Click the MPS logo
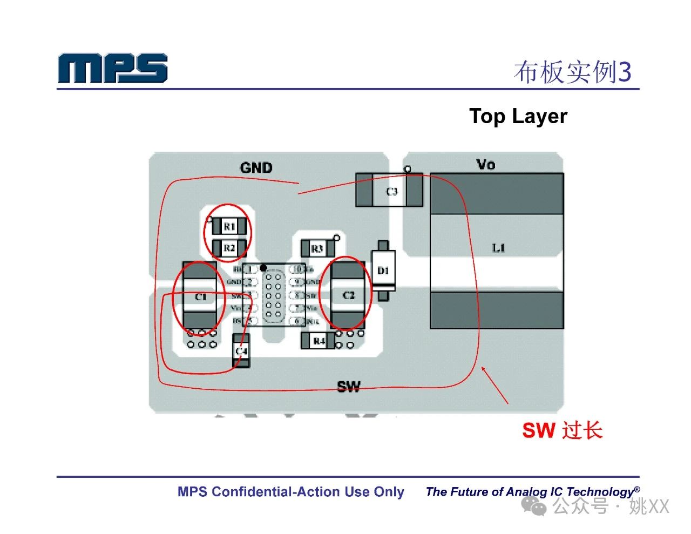112,68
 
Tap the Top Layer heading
518,116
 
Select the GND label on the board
256,168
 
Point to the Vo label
485,164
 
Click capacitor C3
391,191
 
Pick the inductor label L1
498,248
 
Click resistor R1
229,226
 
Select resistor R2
229,248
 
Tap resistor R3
317,248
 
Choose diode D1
383,270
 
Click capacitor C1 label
200,297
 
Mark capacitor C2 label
348,295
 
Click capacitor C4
241,351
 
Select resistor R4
319,341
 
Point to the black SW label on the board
348,387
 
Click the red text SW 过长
562,430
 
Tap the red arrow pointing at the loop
494,385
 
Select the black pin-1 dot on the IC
263,268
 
